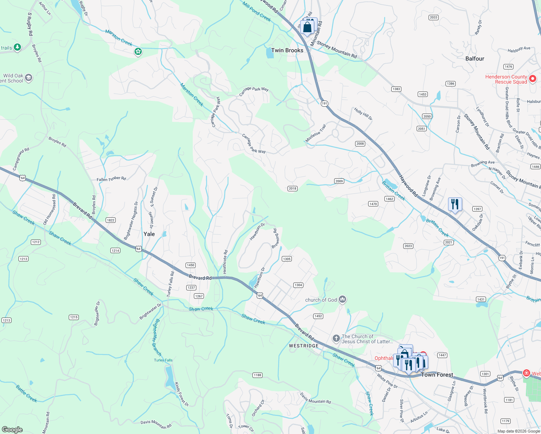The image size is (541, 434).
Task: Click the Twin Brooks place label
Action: pos(287,51)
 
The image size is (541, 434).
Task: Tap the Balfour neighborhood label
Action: pos(474,59)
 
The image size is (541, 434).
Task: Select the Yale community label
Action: pos(149,234)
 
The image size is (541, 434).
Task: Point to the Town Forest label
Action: pos(437,375)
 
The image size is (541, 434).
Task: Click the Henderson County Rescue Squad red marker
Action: pos(532,78)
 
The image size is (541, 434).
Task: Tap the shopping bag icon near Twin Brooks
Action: pos(307,27)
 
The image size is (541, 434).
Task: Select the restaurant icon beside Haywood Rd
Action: pos(455,204)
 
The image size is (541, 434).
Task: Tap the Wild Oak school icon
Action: pos(29,78)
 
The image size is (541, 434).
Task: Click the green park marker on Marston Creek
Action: pos(138,52)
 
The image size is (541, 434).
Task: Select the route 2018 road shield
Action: pos(292,188)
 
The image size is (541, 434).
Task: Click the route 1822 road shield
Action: pos(111,220)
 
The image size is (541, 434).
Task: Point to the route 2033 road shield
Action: pos(433,17)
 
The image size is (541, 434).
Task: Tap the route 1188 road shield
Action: pos(257,375)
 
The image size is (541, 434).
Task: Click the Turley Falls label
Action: pos(163,360)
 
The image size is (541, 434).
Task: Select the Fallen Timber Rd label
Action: pos(111,179)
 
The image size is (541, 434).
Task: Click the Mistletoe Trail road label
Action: pos(316,133)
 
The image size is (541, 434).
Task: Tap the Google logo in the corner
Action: pos(12,429)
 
